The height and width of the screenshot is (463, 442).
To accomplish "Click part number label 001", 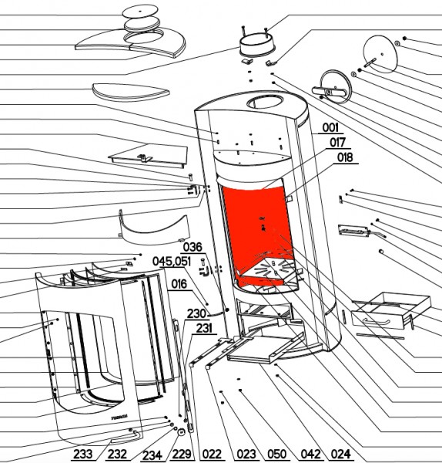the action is [x=330, y=128].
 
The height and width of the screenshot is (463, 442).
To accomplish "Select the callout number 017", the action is [x=337, y=142].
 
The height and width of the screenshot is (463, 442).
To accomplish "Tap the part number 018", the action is [x=345, y=157].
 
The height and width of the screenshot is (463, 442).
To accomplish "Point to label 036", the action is [x=193, y=247].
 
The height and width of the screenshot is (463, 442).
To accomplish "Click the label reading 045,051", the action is [x=172, y=262].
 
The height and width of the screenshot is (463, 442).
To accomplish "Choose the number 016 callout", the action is [x=179, y=284].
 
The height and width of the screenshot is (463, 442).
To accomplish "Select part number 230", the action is [x=196, y=313].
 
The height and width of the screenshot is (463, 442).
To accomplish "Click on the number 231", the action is [x=204, y=329].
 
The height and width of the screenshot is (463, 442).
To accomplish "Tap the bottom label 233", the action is [x=83, y=454].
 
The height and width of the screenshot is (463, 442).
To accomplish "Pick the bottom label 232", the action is [x=117, y=454].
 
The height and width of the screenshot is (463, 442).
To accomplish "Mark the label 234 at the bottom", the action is [x=152, y=455].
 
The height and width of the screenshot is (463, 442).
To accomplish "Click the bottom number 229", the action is [x=182, y=454].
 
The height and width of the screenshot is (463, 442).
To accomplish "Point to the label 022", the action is [x=213, y=454].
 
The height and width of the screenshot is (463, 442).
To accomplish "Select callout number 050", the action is [x=276, y=454].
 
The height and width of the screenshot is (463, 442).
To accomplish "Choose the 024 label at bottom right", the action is [x=341, y=454].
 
